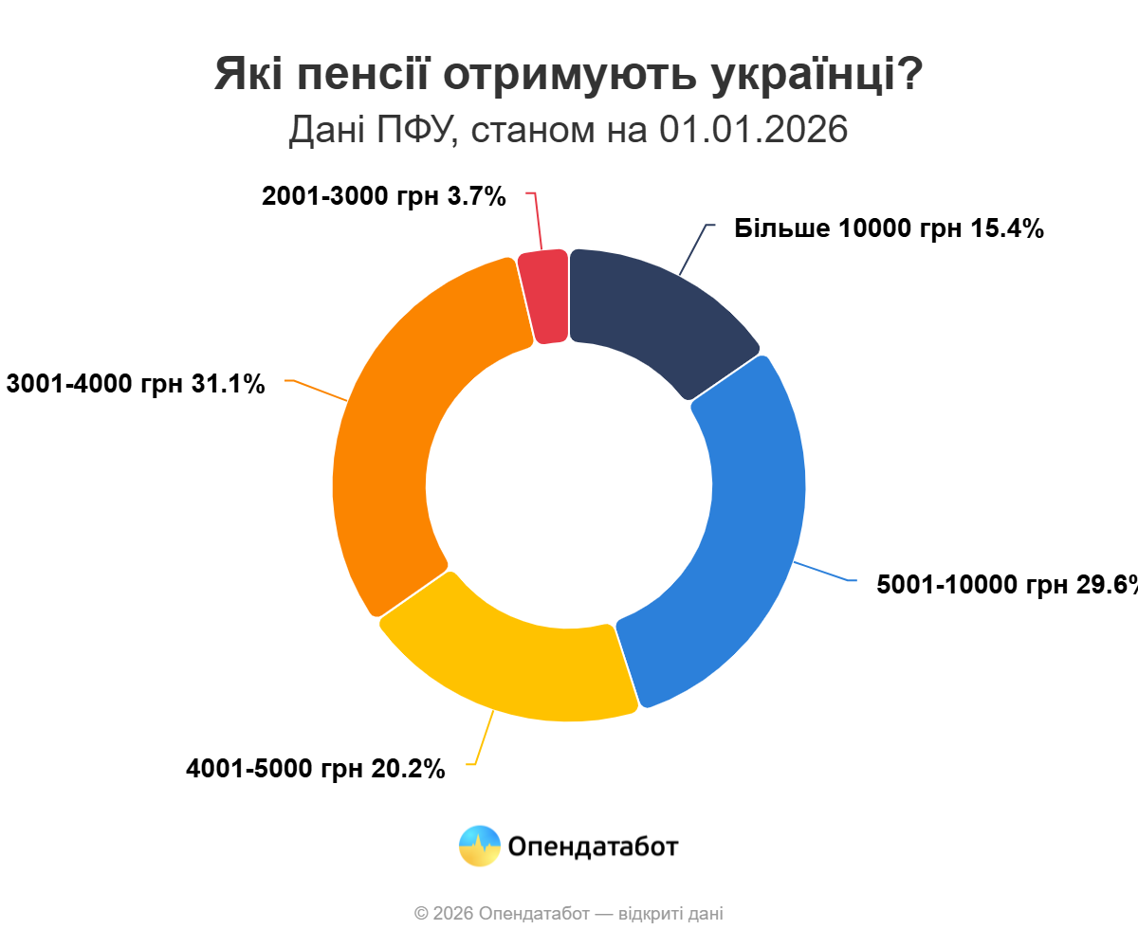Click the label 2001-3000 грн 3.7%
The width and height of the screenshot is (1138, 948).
(x=384, y=196)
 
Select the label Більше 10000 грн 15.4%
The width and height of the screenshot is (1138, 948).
(x=889, y=228)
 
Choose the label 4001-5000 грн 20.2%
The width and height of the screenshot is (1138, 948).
(x=316, y=769)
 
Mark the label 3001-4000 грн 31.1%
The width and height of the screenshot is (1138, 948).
(x=136, y=384)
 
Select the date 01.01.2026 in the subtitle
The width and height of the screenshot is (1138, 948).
(x=753, y=130)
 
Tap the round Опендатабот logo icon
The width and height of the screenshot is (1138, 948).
(x=480, y=846)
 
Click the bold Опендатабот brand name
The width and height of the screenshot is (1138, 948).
(x=594, y=846)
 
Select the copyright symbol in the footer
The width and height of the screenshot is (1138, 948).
(x=421, y=914)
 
